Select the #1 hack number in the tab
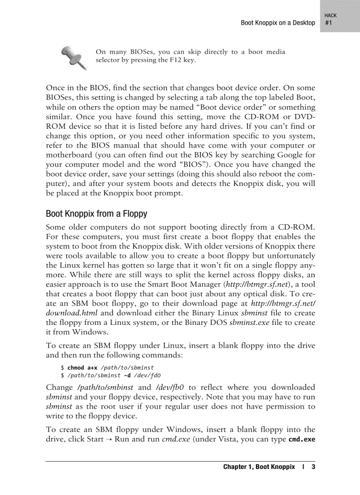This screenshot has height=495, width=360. (x=329, y=23)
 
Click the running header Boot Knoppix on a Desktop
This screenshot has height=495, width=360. (x=278, y=23)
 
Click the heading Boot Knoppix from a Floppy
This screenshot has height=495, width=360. (x=96, y=214)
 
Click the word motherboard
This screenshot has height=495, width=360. (x=67, y=155)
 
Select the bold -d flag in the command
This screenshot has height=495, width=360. (x=127, y=376)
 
